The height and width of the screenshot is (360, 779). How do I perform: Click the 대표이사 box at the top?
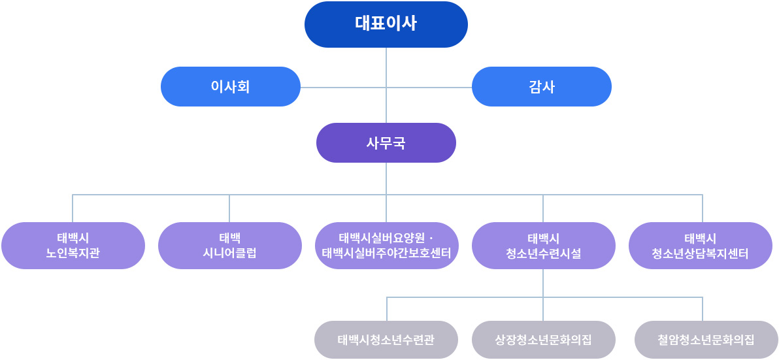(x=386, y=24)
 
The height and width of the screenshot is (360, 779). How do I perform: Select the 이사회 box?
(x=230, y=86)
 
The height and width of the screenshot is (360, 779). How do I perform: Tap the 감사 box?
(x=541, y=86)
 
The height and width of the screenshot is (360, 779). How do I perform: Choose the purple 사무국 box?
(x=386, y=142)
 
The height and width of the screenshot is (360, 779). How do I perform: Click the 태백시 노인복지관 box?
(x=73, y=245)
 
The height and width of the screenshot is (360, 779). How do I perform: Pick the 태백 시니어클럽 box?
(x=229, y=245)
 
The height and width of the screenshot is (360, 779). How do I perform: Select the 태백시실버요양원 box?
(x=386, y=245)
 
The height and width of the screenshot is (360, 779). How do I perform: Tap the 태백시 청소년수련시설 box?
(x=543, y=245)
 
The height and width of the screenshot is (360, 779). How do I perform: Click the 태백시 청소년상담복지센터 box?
(x=700, y=245)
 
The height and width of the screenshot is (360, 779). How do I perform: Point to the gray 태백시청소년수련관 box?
(x=386, y=340)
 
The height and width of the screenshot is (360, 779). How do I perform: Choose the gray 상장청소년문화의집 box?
(x=543, y=340)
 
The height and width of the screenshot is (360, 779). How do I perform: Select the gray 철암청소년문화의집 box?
(x=706, y=340)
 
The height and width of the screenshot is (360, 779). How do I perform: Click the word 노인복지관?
(x=73, y=253)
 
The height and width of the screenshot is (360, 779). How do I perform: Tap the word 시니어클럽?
(x=229, y=253)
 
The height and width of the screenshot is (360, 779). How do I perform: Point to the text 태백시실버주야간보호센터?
(x=386, y=253)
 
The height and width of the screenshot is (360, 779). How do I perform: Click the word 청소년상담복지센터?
(x=700, y=253)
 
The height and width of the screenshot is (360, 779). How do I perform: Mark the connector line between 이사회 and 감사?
(x=340, y=87)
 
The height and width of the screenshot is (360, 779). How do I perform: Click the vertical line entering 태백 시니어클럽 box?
(x=229, y=208)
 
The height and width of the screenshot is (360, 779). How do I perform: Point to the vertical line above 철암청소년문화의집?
(x=703, y=309)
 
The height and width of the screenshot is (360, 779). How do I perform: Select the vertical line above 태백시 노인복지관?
(x=73, y=208)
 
